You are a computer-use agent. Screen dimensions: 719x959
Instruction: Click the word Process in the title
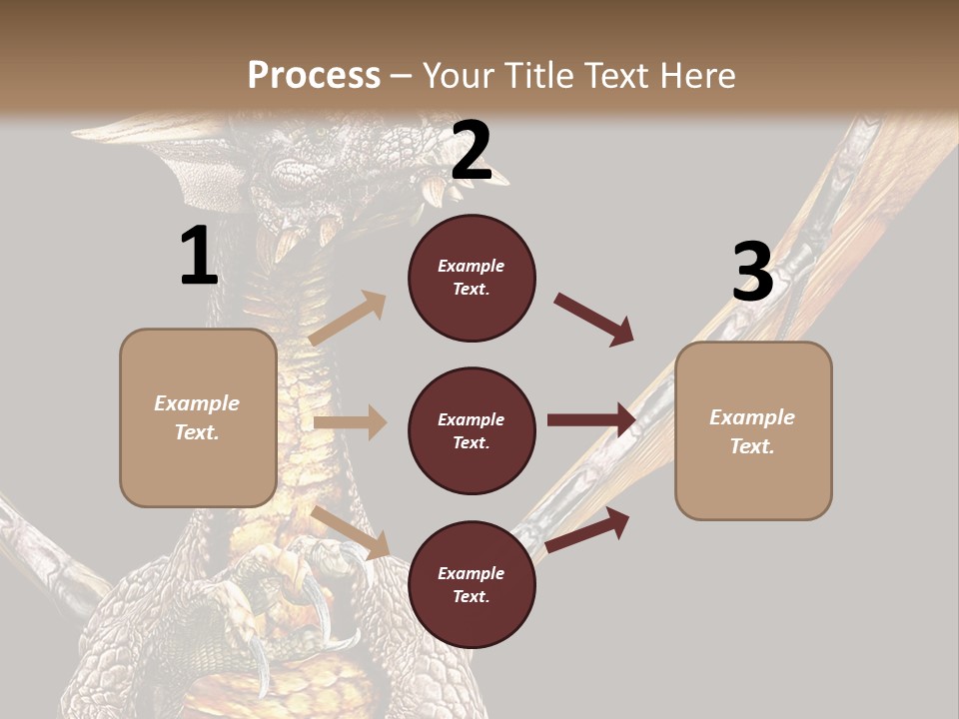(x=314, y=75)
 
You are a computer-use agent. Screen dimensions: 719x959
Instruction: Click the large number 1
(x=198, y=256)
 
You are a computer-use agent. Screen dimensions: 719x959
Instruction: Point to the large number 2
(x=472, y=151)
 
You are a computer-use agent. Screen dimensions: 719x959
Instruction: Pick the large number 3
(x=752, y=272)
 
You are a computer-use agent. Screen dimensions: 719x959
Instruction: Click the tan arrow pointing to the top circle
(x=348, y=318)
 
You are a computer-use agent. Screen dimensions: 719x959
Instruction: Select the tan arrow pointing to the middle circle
(x=350, y=422)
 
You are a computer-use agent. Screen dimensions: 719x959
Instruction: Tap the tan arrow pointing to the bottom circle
(x=350, y=530)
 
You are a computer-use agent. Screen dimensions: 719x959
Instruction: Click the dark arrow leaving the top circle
(x=594, y=319)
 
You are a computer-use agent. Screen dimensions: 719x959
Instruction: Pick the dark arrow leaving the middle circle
(x=591, y=420)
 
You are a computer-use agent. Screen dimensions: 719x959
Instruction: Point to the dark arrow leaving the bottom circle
(x=588, y=529)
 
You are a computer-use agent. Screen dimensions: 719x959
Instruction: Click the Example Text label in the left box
(x=197, y=417)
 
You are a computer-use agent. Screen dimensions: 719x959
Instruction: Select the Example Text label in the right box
(x=752, y=431)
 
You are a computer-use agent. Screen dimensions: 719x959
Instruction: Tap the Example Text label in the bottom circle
(x=472, y=584)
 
